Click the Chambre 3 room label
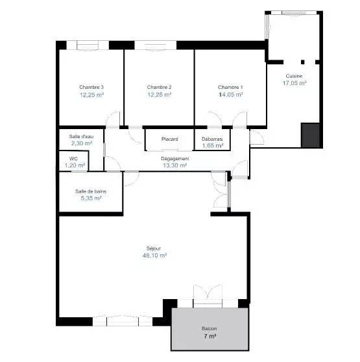(91, 87)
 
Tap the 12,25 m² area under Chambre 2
(160, 95)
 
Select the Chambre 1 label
(230, 88)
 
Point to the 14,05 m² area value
(231, 95)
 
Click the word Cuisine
(294, 76)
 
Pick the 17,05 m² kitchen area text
(294, 83)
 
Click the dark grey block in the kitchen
(311, 136)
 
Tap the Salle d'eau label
(82, 136)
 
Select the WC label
(73, 159)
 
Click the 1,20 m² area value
(75, 165)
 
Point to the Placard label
(169, 139)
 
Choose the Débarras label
(212, 139)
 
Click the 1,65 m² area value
(213, 146)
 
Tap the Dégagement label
(175, 159)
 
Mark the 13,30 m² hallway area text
(175, 165)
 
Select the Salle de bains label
(91, 191)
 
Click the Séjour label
(154, 248)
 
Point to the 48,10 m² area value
(154, 256)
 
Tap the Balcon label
(210, 328)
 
